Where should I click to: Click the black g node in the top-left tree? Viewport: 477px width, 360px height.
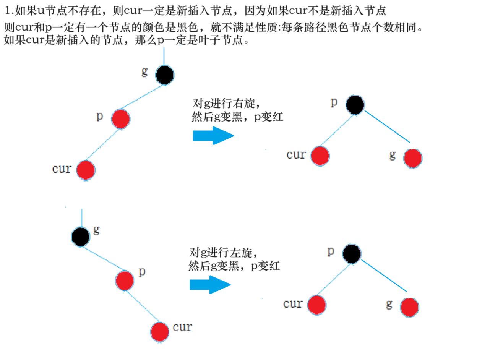point(165,75)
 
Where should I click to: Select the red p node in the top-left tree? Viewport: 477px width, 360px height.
point(121,119)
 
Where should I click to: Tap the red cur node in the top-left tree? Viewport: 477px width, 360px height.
point(85,170)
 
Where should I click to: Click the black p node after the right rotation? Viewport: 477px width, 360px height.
point(355,105)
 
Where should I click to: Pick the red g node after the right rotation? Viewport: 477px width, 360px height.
point(412,158)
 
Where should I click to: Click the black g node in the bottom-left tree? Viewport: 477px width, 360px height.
point(81,237)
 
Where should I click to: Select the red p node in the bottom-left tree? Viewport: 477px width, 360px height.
point(125,281)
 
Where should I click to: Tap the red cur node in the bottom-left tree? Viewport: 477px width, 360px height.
point(159,332)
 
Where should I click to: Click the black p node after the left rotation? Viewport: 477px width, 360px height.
point(352,254)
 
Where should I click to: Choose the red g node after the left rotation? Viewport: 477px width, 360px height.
point(409,307)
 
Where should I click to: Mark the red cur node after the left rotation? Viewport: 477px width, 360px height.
point(316,305)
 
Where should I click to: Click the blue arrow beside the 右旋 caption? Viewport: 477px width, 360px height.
point(213,136)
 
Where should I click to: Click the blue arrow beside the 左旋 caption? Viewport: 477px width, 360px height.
point(210,285)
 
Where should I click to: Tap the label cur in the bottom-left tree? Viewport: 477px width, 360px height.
point(182,328)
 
